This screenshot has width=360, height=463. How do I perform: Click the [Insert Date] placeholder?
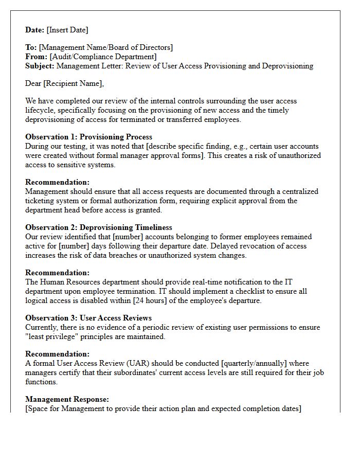[67, 30]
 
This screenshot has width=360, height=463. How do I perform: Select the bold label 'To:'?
[31, 47]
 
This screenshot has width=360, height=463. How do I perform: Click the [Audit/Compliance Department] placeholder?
[103, 57]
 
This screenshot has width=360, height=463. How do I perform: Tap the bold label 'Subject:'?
[40, 66]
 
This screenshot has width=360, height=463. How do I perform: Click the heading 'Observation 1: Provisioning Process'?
[88, 137]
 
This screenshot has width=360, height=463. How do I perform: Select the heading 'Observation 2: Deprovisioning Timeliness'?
[99, 227]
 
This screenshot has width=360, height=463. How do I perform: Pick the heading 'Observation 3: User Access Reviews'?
[88, 318]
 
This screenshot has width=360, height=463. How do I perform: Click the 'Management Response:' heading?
[67, 399]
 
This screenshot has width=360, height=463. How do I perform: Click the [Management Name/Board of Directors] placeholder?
[106, 47]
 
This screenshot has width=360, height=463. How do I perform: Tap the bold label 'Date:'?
[35, 30]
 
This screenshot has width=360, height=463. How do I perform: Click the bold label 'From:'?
[36, 57]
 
